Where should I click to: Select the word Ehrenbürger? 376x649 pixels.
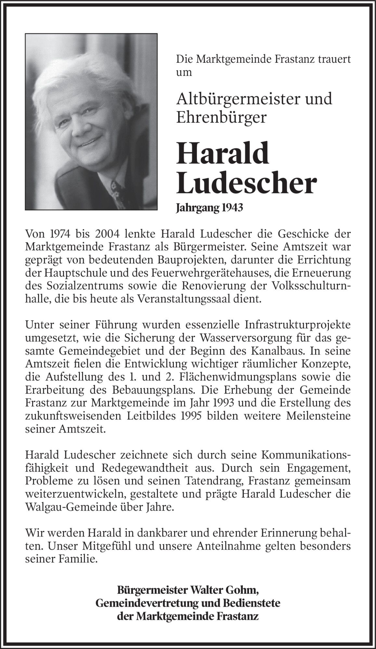click(221, 118)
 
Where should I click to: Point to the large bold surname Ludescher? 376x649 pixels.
click(246, 184)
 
